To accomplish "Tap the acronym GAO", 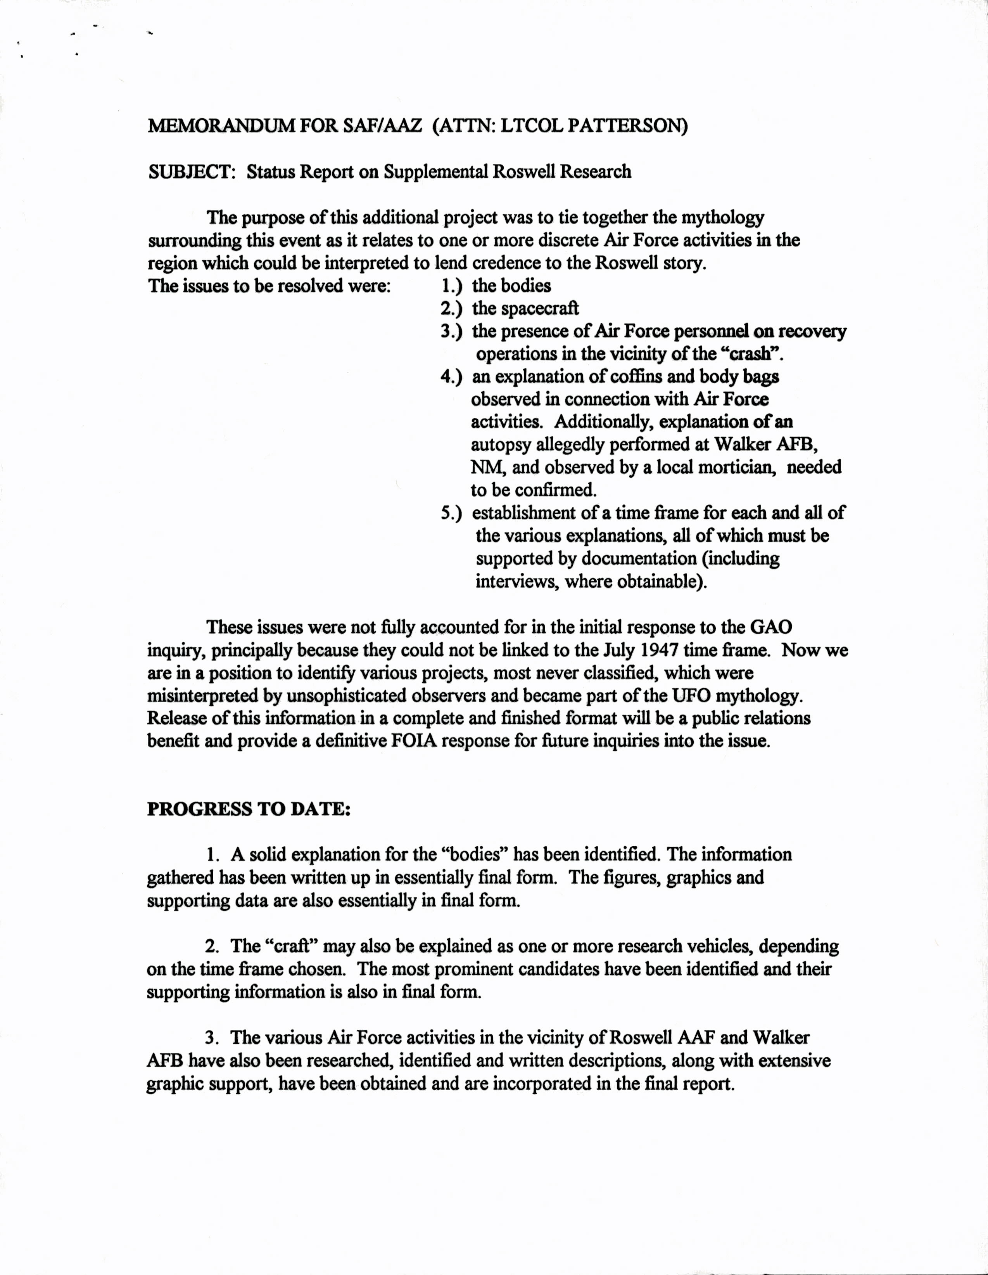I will (x=771, y=627).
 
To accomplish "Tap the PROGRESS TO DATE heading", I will (x=249, y=809).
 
